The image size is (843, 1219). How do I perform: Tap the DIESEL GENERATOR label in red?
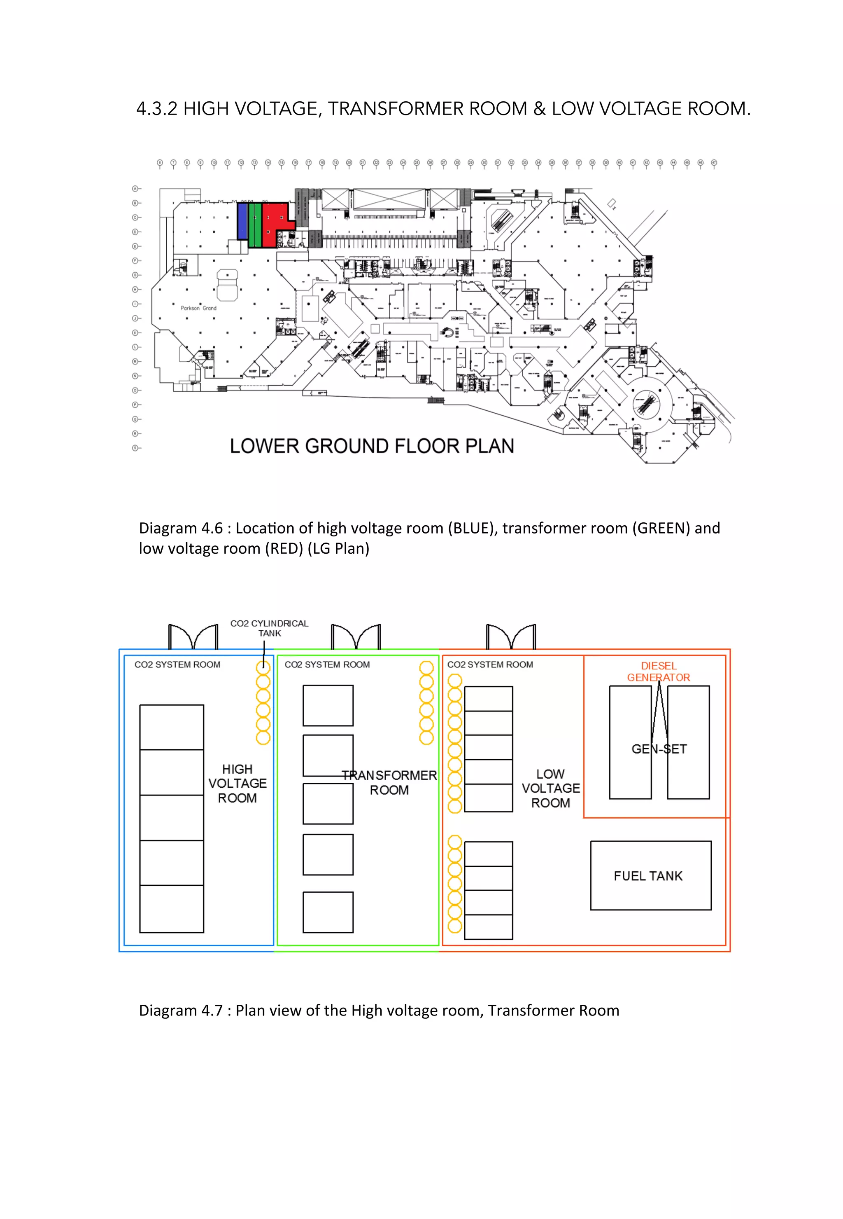click(658, 672)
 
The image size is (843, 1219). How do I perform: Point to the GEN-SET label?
click(659, 749)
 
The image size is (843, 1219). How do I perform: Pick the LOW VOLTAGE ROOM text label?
click(550, 788)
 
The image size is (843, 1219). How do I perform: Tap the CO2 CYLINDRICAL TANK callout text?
click(269, 628)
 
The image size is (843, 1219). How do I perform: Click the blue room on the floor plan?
click(242, 221)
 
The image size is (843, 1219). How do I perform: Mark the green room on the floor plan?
click(255, 225)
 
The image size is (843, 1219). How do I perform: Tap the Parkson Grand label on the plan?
click(198, 308)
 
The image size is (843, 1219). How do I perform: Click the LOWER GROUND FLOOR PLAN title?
click(372, 446)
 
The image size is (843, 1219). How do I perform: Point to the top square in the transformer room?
click(328, 705)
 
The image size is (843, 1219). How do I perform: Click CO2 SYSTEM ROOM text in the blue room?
click(177, 664)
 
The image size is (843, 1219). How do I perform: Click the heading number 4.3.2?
click(157, 108)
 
